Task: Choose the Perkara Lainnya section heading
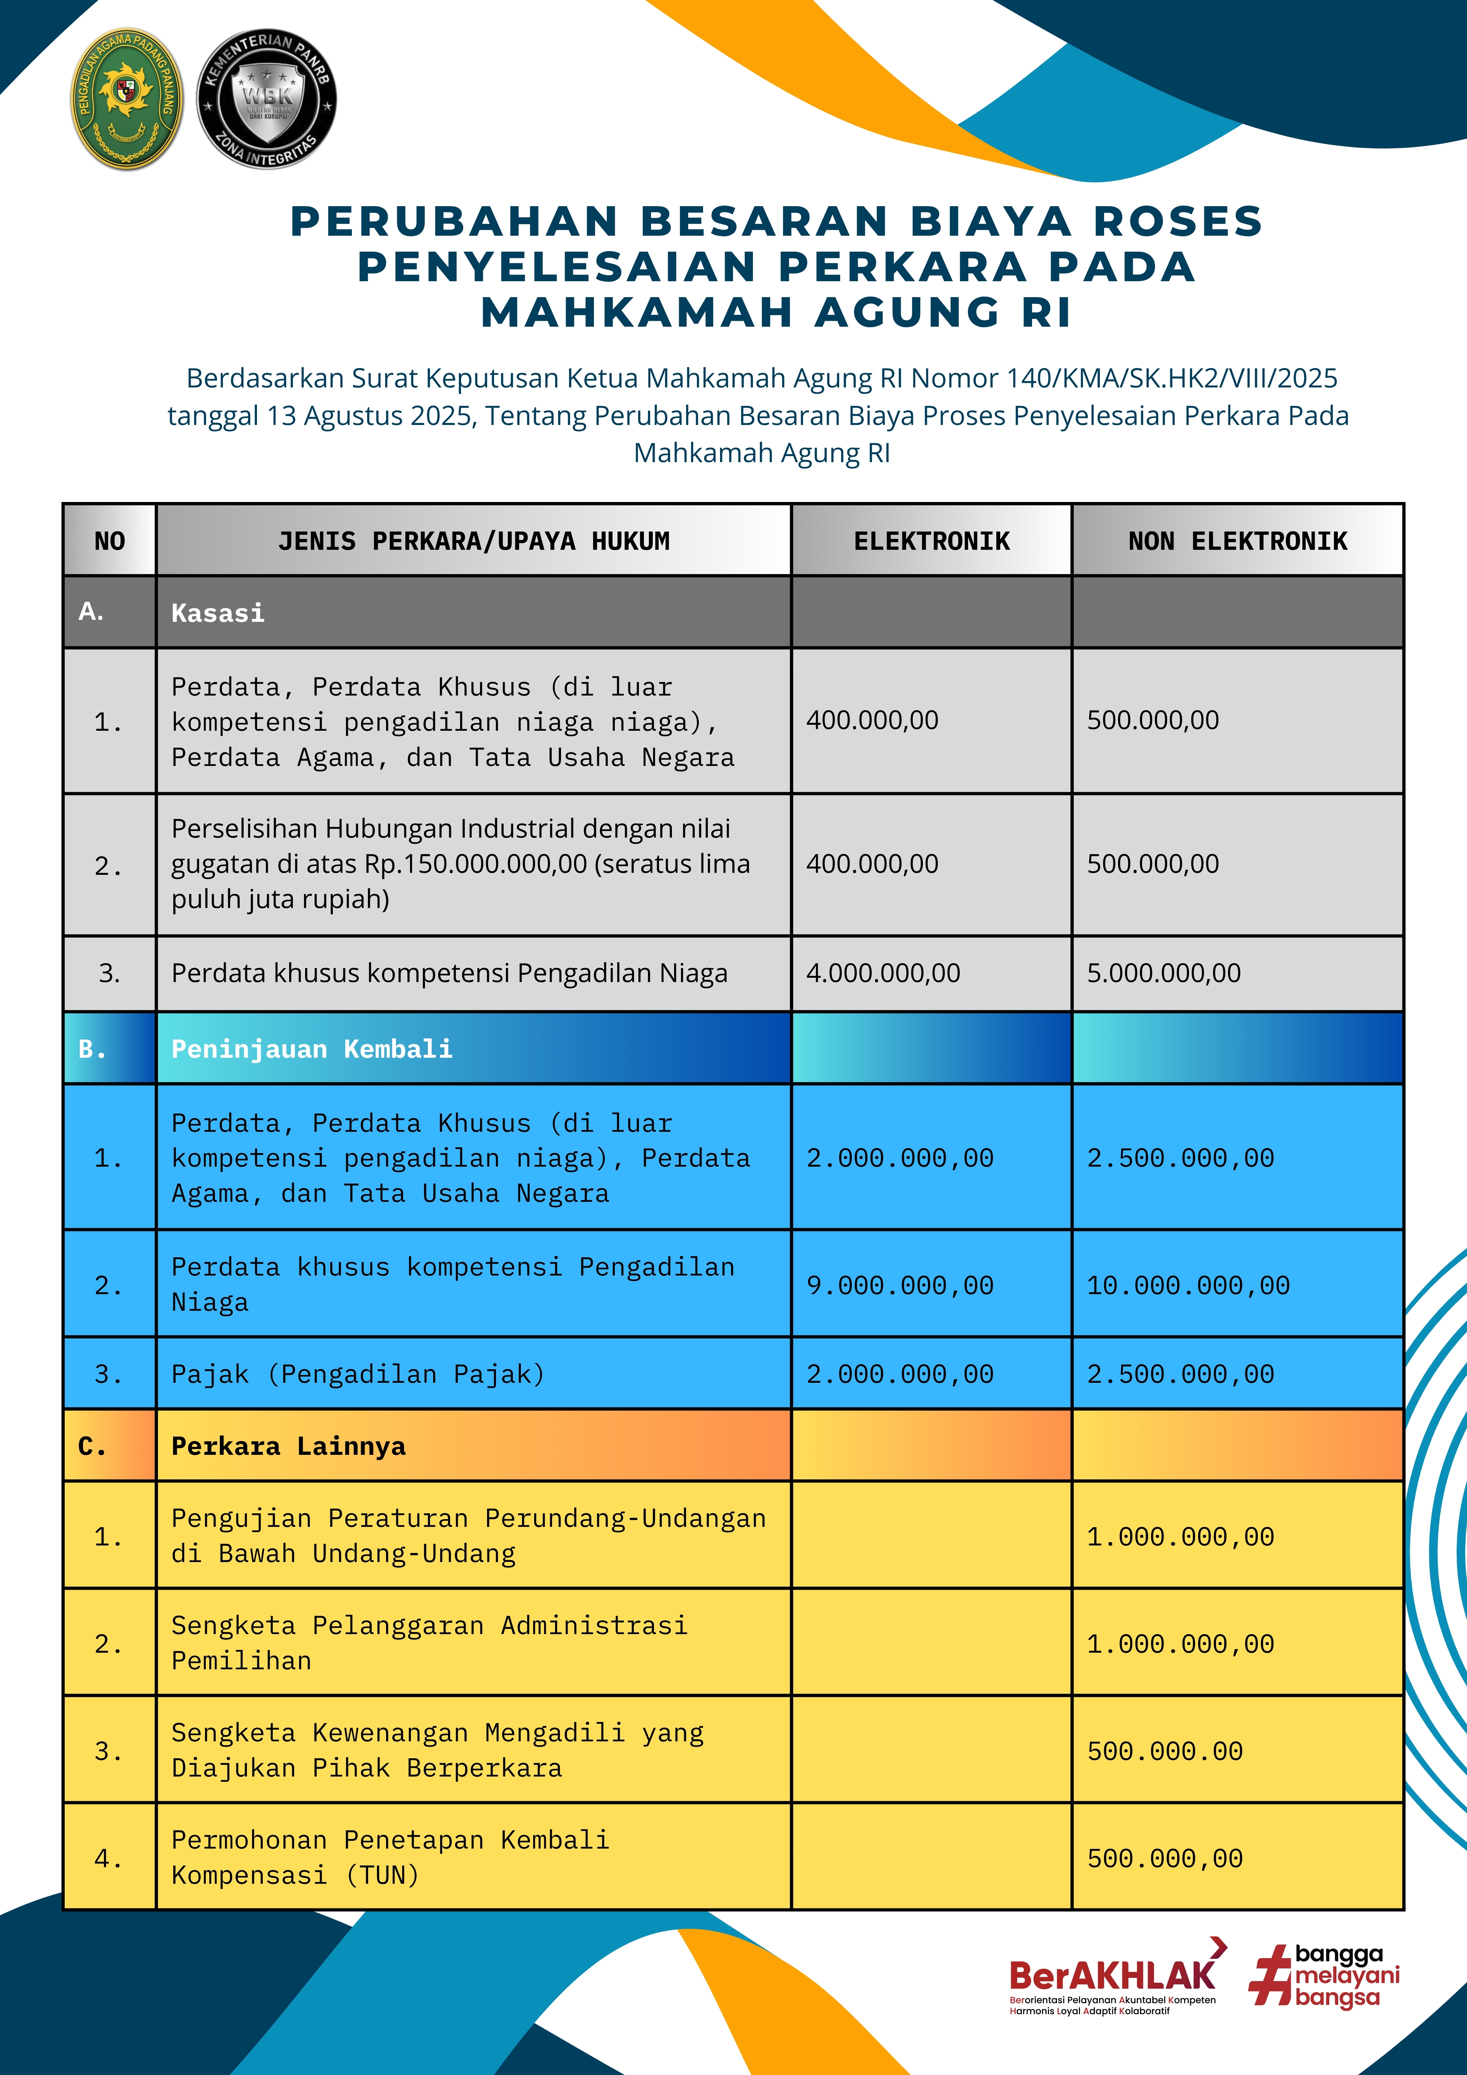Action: [x=288, y=1446]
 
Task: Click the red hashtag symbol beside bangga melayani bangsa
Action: [x=1270, y=1976]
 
